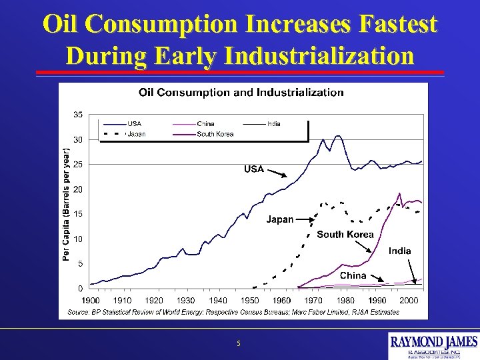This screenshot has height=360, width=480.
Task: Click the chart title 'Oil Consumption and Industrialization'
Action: coord(241,93)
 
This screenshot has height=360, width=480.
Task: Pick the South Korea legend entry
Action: coord(215,133)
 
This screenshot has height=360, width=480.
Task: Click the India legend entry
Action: coord(273,123)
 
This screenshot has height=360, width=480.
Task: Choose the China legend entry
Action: coord(206,123)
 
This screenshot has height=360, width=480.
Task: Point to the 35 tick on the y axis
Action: coord(78,115)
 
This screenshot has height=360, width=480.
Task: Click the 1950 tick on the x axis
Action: coord(250,301)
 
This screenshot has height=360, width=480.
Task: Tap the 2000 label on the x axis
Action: coord(409,301)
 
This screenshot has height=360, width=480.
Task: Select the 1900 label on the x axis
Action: coord(91,301)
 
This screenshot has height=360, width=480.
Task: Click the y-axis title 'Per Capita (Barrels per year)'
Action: coord(66,205)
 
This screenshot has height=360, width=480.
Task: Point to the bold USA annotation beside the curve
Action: coord(253,169)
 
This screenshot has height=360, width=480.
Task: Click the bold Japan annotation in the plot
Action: coord(280,219)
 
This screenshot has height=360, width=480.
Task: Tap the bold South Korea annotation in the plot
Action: coord(345,234)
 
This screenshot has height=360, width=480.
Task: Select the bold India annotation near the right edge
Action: coord(400,251)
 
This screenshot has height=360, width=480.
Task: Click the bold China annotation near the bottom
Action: coord(353,275)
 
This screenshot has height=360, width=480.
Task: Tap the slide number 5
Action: coord(239,344)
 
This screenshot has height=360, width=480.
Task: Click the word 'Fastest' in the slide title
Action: coord(398,25)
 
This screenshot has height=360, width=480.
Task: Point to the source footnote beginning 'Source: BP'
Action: coord(233,311)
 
